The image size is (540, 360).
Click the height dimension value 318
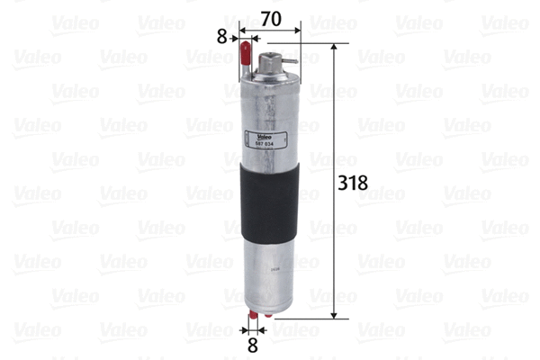pyautogui.click(x=352, y=183)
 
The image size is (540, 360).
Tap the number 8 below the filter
pyautogui.click(x=254, y=343)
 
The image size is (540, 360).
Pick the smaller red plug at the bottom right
pyautogui.click(x=268, y=316)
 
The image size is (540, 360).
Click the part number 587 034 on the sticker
pyautogui.click(x=265, y=143)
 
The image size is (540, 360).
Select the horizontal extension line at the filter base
pyautogui.click(x=306, y=318)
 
